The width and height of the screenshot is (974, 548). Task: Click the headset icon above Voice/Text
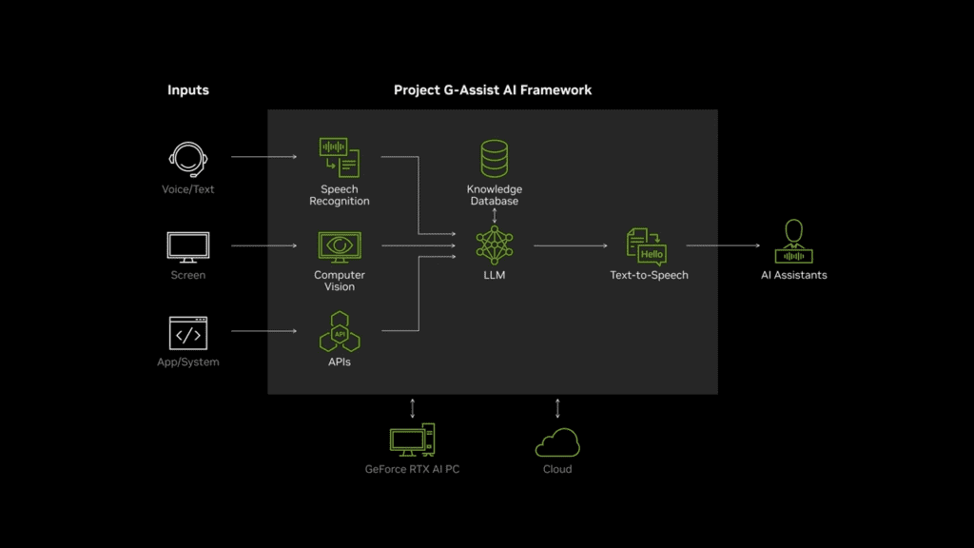tap(187, 159)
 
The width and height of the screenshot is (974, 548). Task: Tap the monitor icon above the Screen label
tap(187, 246)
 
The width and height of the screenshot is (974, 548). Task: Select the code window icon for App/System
tap(187, 334)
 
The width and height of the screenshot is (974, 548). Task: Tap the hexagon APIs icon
tap(340, 333)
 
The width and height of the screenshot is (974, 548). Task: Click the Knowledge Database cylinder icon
tap(495, 159)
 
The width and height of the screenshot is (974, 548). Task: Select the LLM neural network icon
tap(495, 245)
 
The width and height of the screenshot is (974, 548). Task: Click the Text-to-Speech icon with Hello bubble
tap(648, 245)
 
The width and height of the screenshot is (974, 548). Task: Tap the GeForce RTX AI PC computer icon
tap(412, 440)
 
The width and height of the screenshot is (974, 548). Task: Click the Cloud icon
tap(557, 442)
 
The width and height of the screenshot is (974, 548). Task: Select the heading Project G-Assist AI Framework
tap(493, 90)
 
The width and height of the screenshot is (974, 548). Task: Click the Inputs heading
tap(188, 90)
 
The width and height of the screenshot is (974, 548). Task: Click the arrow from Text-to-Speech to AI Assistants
tap(723, 245)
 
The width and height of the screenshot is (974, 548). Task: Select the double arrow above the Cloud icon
tap(557, 409)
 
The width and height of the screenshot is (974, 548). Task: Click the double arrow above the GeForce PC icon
tap(412, 408)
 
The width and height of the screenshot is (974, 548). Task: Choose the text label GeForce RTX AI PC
tap(412, 469)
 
